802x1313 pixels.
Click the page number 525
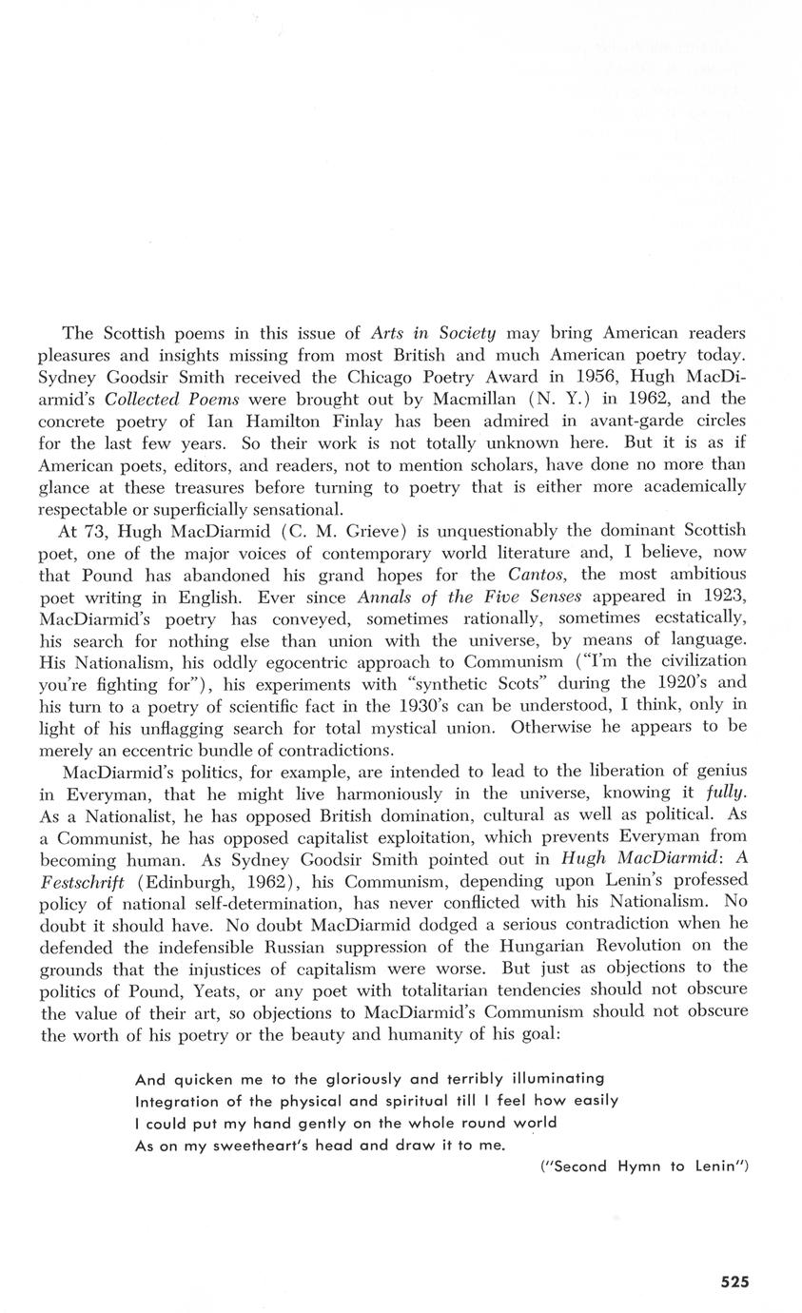(x=734, y=1281)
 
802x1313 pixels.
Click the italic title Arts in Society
(x=433, y=333)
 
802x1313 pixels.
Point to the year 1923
(x=723, y=597)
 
